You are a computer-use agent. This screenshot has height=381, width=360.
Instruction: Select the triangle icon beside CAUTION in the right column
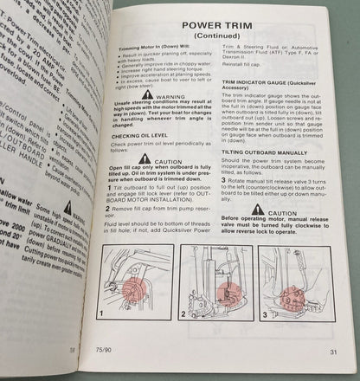point(264,212)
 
